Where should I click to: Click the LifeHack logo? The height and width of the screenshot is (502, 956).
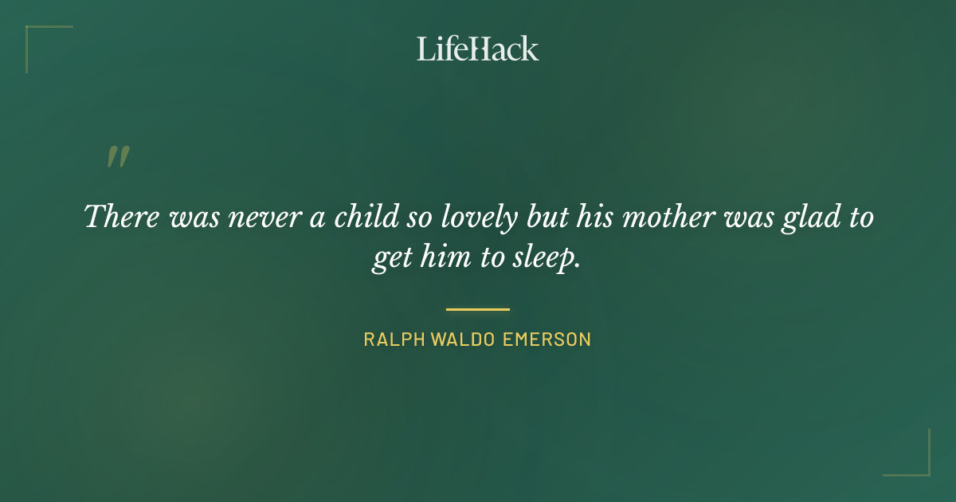(x=477, y=49)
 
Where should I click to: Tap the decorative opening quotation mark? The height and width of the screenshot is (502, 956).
(x=117, y=156)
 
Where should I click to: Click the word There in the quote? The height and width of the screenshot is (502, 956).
(x=120, y=217)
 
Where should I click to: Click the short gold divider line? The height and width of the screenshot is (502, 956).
(x=477, y=309)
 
